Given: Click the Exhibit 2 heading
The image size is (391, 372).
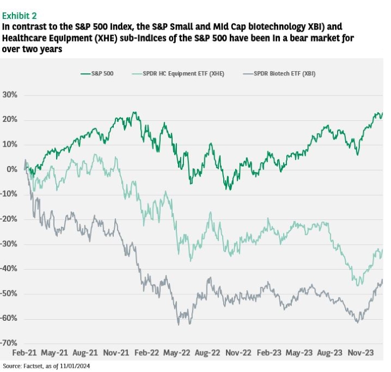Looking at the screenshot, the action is coord(19,16).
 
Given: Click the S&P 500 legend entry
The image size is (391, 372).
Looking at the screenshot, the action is coord(97,73).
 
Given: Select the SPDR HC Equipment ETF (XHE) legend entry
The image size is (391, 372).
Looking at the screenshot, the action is coord(178,73).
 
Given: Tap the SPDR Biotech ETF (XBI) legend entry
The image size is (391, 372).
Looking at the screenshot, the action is coord(279,73).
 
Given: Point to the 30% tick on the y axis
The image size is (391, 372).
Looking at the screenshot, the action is coord(10,95).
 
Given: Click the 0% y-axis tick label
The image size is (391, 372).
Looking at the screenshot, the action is coord(12,169).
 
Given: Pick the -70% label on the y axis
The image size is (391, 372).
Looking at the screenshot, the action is coord(9,343).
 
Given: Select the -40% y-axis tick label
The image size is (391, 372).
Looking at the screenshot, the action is coord(9,268).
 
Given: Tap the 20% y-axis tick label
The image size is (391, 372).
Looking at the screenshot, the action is coord(10,120).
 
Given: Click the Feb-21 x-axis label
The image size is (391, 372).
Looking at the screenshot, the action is coord(24,353).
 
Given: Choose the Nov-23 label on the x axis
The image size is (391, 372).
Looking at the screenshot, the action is coord(361,353).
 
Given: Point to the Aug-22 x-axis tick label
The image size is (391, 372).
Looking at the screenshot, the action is coord(208,353).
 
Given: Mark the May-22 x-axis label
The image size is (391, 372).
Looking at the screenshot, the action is coord(176,353).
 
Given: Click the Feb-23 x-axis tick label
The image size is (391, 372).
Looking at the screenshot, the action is coord(269,353).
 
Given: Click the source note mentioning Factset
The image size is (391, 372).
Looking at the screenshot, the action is coord(46,366).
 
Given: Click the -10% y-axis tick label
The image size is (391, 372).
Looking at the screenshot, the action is coord(9,194).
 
